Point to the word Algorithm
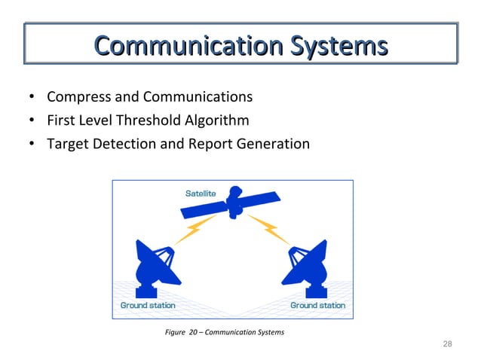[219, 120]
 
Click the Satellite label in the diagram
[201, 194]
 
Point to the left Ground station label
[148, 306]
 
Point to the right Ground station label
[317, 306]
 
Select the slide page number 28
[447, 344]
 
